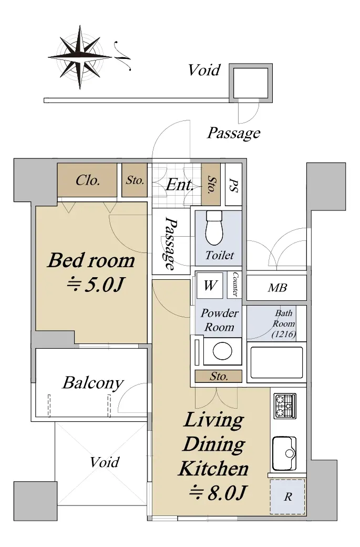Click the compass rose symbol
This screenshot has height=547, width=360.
(80, 57)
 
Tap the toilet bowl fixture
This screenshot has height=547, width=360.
(214, 227)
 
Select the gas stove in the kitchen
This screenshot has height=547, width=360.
(285, 406)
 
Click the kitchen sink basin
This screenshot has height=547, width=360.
(284, 453)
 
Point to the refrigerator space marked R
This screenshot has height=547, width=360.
(287, 497)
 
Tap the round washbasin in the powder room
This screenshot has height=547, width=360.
(222, 351)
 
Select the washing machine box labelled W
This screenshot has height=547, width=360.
(210, 286)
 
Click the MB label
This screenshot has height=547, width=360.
(277, 288)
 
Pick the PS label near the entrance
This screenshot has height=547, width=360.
(233, 185)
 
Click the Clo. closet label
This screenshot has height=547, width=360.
(88, 180)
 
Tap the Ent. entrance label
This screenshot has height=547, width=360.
(180, 185)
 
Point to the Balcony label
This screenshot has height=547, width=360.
(93, 383)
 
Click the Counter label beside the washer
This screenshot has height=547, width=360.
(235, 285)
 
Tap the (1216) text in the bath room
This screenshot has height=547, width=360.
(284, 334)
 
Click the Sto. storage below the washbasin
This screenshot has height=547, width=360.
(219, 376)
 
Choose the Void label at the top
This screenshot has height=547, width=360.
(204, 70)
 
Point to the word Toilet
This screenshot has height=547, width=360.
(220, 255)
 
